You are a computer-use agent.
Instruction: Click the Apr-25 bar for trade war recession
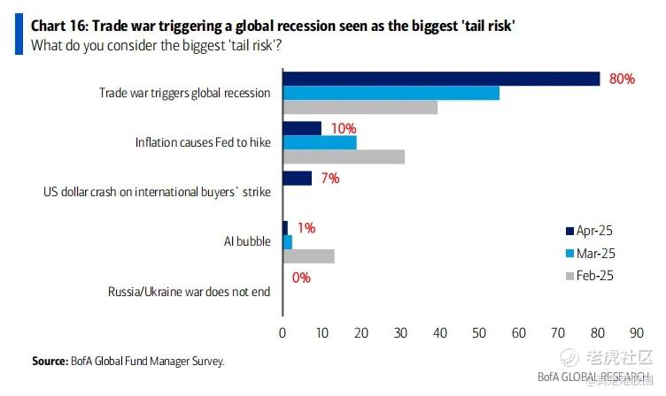441,79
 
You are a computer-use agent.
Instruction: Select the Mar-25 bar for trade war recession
391,93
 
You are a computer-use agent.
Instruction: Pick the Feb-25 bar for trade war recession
360,107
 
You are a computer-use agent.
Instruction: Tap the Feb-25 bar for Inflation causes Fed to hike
344,156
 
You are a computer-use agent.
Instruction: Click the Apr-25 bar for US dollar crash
298,178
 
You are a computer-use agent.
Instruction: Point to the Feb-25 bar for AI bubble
308,255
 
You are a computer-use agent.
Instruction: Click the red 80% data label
622,79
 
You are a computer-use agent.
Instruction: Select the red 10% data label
344,128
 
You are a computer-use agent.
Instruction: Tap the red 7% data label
330,178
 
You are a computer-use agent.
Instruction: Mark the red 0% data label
301,278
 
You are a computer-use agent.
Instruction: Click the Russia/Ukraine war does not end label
189,291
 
